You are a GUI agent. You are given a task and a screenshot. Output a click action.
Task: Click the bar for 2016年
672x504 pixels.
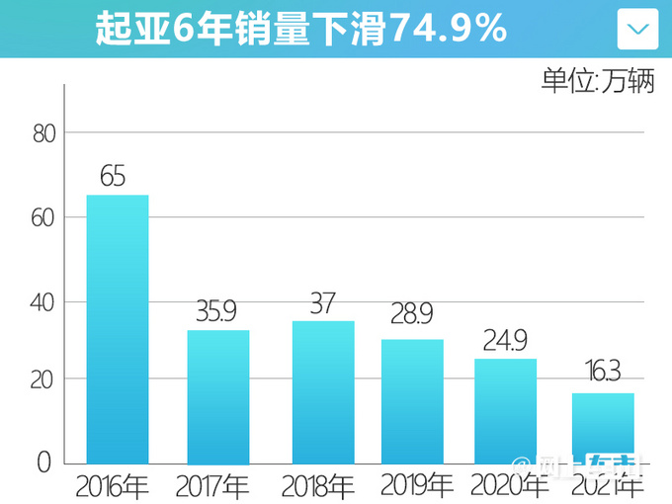click(118, 329)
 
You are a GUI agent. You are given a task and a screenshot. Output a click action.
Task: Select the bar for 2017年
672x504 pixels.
click(218, 396)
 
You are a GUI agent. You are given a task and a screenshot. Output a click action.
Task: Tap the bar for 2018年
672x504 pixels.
click(323, 392)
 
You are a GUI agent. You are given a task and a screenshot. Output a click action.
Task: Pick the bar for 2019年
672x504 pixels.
click(412, 401)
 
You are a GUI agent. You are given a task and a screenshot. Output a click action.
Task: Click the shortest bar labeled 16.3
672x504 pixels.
click(603, 428)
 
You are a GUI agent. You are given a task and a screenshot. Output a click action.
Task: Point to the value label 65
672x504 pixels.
click(113, 177)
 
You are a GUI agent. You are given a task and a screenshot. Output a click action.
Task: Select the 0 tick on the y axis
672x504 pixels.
click(44, 462)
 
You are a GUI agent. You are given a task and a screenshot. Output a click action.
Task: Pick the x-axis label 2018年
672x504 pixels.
click(317, 486)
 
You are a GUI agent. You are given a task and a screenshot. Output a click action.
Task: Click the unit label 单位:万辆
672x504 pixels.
click(598, 81)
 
